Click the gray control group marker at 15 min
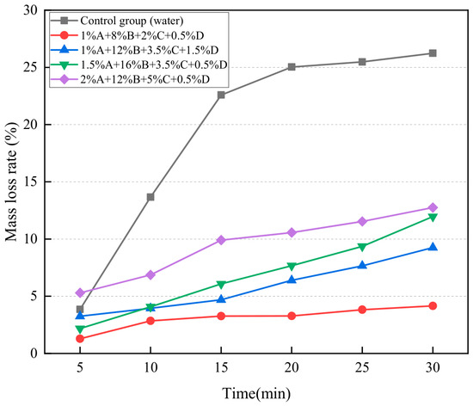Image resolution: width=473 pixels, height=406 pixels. (x=221, y=95)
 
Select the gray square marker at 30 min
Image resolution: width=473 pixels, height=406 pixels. (x=433, y=53)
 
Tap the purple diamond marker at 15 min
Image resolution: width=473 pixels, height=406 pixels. (x=221, y=240)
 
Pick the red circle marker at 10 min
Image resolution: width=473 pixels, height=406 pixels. (x=150, y=321)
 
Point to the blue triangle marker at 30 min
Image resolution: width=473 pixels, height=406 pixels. (x=433, y=247)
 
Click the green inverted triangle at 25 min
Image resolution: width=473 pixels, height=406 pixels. (x=362, y=248)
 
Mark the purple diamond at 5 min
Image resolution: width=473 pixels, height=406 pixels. (x=80, y=292)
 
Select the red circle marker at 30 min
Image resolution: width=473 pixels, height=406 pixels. (x=433, y=306)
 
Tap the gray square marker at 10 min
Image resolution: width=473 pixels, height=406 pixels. (x=150, y=197)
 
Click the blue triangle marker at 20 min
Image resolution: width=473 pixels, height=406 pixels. (x=292, y=280)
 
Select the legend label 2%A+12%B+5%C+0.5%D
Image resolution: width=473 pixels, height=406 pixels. (x=144, y=80)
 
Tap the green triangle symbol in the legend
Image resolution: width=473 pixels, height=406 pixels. (x=64, y=65)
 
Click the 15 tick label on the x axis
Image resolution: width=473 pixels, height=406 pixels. (x=221, y=367)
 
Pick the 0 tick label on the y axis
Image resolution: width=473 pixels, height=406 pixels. (x=34, y=354)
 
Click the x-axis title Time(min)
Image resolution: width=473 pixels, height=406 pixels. (x=256, y=394)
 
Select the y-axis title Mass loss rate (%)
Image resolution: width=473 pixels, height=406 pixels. (x=11, y=181)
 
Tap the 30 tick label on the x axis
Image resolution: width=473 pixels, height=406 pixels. (x=433, y=367)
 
